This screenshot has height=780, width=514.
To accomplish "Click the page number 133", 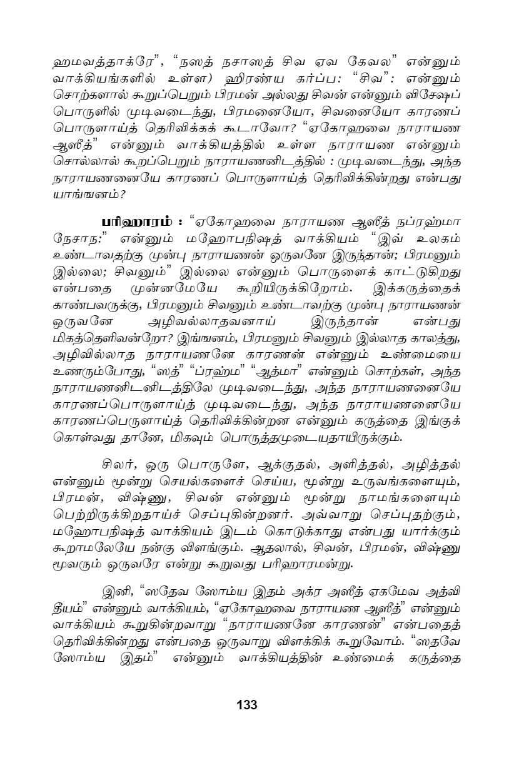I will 247,704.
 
